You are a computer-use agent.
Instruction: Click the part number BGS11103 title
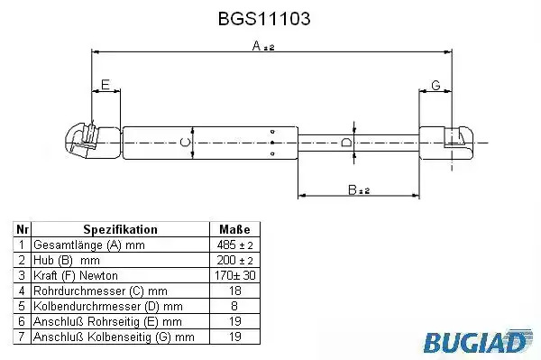264,19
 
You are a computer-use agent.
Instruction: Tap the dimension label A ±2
263,46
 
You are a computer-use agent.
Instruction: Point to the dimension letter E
105,85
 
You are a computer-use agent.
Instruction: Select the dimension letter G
436,85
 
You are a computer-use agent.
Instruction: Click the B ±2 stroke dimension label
359,189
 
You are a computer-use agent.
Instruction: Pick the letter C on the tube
186,143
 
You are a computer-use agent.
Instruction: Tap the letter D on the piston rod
345,143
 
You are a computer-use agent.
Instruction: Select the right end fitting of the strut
445,143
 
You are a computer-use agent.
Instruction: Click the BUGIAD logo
478,341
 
